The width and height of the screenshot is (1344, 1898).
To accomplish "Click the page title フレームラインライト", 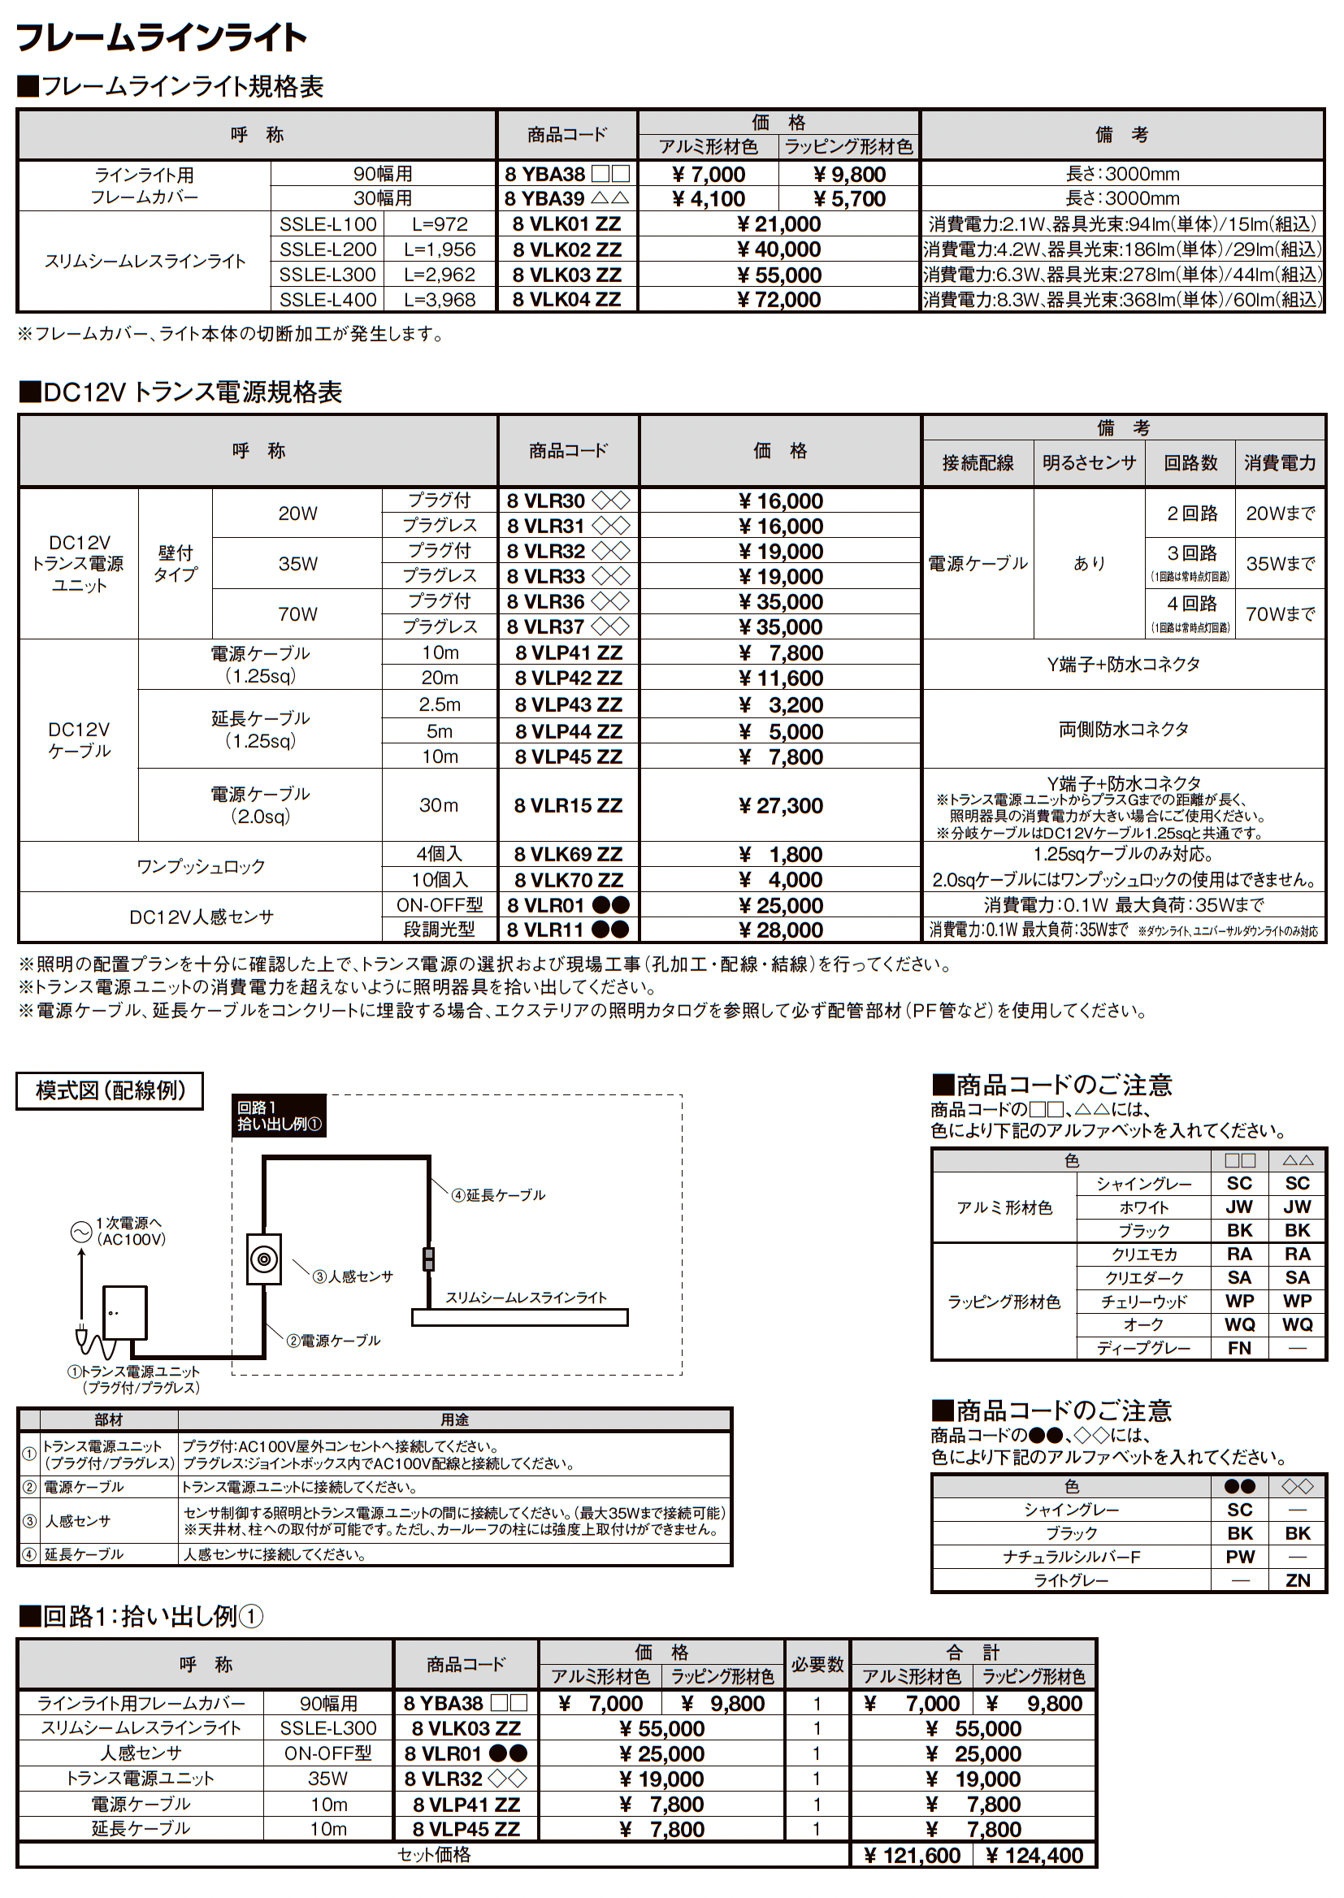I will pos(162,37).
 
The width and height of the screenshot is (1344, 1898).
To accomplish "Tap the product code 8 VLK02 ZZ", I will pos(567,249).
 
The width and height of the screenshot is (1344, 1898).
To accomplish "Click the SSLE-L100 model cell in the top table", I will pos(327,224).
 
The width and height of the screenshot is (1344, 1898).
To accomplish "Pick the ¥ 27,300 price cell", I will pos(779,805).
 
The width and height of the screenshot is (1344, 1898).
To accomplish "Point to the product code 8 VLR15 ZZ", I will pos(568,805).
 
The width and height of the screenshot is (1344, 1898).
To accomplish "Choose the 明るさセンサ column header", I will pos(1088,462).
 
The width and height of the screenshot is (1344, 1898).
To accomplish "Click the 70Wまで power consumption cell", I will pos(1280,614).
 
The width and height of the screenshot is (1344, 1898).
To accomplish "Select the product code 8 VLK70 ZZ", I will pos(568,879).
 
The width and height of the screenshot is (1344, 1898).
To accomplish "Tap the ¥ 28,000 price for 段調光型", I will pos(779,930).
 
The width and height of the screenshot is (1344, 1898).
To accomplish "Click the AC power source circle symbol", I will pos(81,1232).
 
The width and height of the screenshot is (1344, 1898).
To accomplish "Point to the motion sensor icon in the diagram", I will pos(264,1259).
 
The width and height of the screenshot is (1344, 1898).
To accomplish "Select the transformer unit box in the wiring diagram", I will pos(125,1312).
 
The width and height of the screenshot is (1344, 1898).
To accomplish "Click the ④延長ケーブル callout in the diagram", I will pos(498,1194).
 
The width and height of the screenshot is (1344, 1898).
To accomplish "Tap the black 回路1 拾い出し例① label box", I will pos(279,1116).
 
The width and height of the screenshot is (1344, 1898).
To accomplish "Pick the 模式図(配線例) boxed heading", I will pos(110,1090).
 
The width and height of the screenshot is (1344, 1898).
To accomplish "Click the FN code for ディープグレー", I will pos(1239,1348).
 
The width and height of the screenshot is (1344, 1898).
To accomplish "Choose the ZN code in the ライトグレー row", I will pos(1297,1580).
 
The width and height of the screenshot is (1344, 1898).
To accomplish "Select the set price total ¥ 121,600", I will pos(912,1856).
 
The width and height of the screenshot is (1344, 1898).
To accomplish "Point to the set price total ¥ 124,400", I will pos(1034,1856).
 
